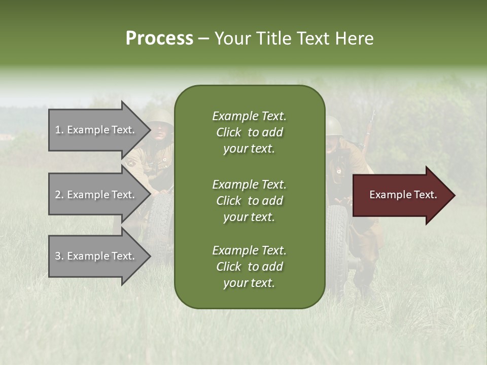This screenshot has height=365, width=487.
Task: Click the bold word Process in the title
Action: point(159,39)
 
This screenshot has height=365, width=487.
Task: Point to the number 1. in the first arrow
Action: point(59,130)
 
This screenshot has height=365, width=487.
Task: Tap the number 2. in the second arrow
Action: point(59,195)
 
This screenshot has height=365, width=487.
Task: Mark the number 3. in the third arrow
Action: point(59,256)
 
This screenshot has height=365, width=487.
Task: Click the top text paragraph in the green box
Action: point(249,132)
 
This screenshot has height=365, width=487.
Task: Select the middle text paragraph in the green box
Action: point(249,201)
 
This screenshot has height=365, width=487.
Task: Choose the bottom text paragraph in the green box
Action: point(249,267)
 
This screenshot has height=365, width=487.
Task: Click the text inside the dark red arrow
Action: point(403,195)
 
